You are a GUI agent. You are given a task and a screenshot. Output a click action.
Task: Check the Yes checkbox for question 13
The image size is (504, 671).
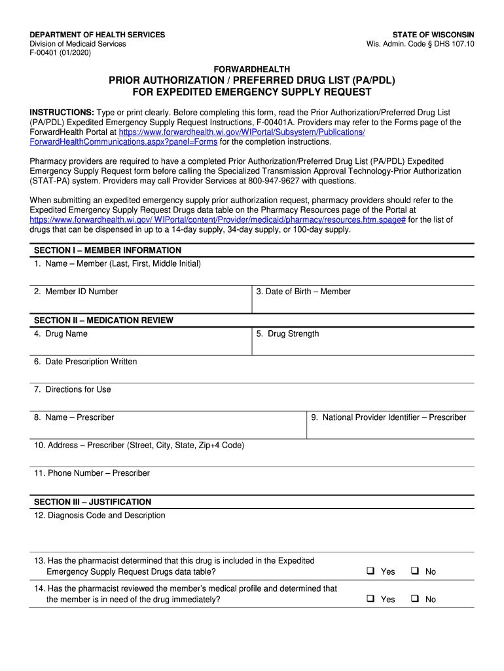pyautogui.click(x=370, y=571)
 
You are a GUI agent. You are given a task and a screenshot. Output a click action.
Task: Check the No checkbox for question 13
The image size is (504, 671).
pyautogui.click(x=414, y=571)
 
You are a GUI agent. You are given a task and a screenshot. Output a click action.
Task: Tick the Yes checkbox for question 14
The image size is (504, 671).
pyautogui.click(x=370, y=598)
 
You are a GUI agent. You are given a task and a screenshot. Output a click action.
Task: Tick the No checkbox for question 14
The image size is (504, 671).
pyautogui.click(x=414, y=598)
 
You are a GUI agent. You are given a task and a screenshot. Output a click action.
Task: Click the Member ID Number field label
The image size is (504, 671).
pyautogui.click(x=76, y=292)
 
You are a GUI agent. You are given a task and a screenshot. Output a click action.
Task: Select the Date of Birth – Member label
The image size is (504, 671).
pyautogui.click(x=303, y=292)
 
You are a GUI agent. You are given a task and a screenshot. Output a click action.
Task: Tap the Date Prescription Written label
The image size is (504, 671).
pyautogui.click(x=85, y=362)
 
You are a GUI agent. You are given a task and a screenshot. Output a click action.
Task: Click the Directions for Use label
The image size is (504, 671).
pyautogui.click(x=72, y=389)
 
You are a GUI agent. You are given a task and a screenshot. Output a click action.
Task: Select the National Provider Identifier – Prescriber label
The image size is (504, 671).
pyautogui.click(x=389, y=417)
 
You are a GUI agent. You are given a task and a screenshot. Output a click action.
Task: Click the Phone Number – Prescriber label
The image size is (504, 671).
pyautogui.click(x=92, y=473)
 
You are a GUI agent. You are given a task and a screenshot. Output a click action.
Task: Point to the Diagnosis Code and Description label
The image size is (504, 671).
pyautogui.click(x=99, y=516)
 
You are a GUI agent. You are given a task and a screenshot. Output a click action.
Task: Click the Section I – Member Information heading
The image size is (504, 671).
pyautogui.click(x=107, y=250)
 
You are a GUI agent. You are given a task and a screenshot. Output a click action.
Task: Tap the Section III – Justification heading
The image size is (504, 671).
pyautogui.click(x=92, y=502)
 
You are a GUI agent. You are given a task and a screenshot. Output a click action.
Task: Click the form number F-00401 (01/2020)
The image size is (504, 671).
pyautogui.click(x=61, y=53)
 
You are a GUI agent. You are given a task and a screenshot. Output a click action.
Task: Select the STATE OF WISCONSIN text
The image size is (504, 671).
pyautogui.click(x=433, y=35)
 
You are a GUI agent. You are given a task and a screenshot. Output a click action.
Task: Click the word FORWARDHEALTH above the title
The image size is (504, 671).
pyautogui.click(x=252, y=69)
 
